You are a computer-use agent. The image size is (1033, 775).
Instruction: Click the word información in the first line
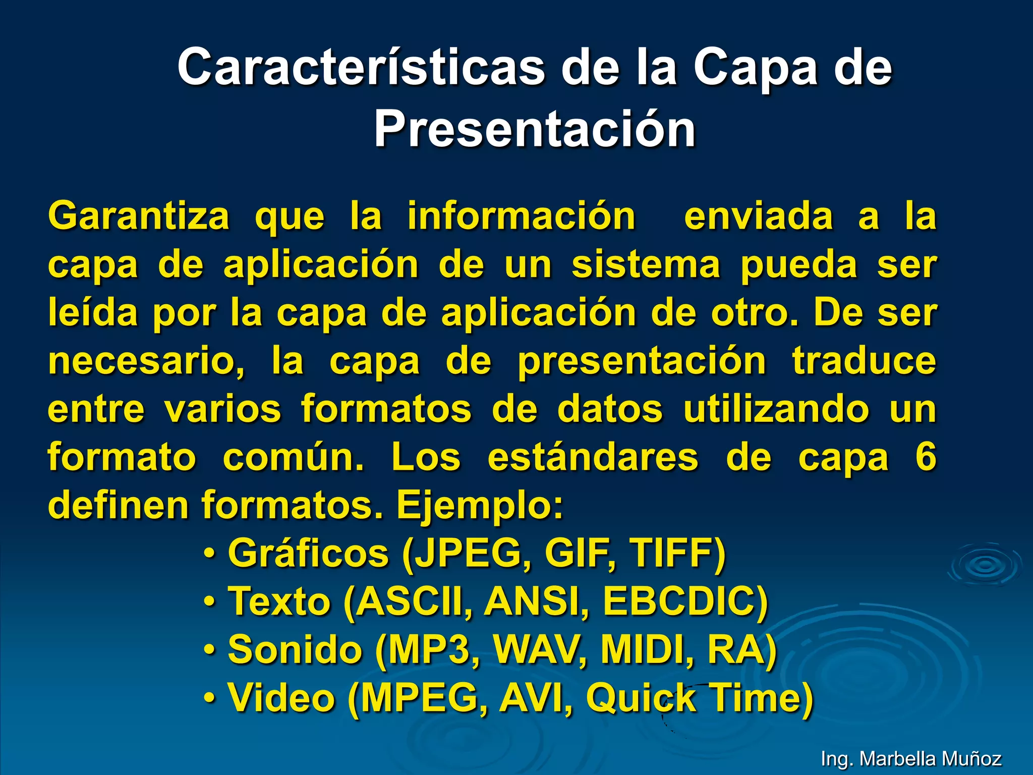tap(521, 216)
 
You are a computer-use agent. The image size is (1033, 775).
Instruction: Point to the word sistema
tap(646, 265)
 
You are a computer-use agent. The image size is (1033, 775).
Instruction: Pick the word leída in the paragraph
tap(93, 313)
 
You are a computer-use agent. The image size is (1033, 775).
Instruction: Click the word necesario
tap(146, 361)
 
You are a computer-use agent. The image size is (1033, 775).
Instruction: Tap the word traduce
tap(864, 361)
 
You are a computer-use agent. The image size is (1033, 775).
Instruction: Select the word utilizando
tap(776, 409)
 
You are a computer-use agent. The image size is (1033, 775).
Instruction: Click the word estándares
tap(593, 457)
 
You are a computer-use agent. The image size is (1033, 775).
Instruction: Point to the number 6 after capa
tap(926, 457)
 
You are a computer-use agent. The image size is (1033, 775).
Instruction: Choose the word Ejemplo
tap(479, 505)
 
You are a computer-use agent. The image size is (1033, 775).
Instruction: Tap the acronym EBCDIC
tap(685, 601)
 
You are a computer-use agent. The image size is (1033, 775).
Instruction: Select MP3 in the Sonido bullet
tap(432, 650)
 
